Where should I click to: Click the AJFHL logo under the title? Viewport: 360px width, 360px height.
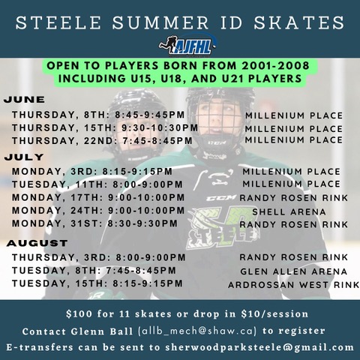187,45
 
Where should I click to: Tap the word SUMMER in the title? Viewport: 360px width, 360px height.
160,22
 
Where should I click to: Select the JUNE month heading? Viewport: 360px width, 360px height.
24,100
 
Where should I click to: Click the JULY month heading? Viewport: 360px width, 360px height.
24,157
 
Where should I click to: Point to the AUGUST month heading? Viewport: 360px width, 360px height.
37,243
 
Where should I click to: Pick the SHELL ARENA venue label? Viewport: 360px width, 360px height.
289,212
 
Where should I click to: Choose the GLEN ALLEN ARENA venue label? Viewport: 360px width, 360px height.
294,271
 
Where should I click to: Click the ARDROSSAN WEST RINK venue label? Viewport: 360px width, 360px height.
294,285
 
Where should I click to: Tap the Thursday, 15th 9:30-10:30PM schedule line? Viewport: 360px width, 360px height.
105,127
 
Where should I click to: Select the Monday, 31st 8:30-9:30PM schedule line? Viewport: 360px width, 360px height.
94,223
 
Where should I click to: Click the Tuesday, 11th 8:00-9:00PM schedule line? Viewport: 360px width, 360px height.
97,184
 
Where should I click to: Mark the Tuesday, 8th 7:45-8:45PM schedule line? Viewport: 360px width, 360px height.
94,270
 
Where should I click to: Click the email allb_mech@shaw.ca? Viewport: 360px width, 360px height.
197,331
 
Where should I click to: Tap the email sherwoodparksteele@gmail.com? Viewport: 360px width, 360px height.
259,347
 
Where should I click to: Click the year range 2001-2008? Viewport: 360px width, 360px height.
275,66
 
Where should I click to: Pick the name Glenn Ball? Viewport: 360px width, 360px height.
102,331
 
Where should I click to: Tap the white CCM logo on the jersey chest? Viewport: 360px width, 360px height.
221,198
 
